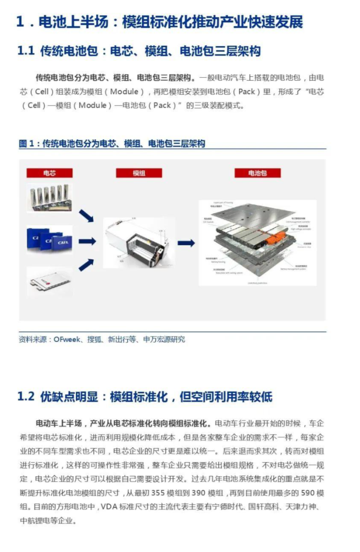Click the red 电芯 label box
coord(49,173)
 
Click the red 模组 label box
coord(138,173)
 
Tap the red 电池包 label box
coord(257,173)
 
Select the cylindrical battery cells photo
coord(50,198)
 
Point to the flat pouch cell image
coord(50,282)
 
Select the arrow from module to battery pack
coord(186,243)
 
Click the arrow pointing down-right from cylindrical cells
coord(86,215)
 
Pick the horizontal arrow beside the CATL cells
coord(87,241)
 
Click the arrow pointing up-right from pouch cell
coord(86,265)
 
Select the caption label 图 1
coord(27,144)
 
